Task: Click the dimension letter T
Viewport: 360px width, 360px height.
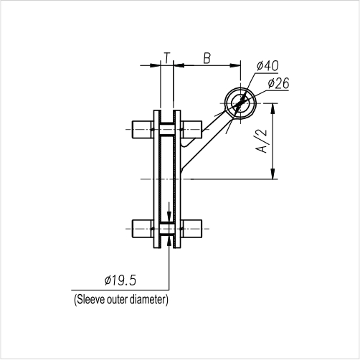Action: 166,57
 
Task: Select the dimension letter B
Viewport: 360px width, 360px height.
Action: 207,57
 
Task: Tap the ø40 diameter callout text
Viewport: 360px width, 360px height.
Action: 267,66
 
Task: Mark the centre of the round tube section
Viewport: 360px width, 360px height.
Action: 240,104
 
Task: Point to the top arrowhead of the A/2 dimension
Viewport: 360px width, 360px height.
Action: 273,108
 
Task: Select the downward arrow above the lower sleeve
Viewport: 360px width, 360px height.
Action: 168,217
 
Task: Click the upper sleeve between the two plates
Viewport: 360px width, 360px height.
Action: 167,129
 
